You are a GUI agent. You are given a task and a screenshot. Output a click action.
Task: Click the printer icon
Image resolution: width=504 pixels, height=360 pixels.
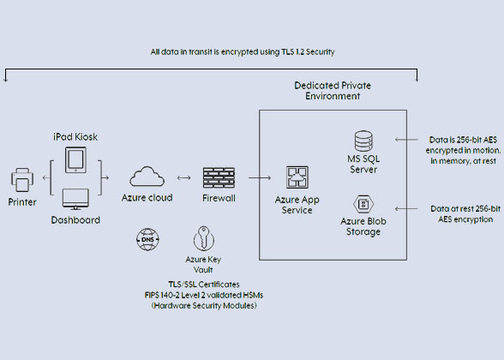tap(22, 180)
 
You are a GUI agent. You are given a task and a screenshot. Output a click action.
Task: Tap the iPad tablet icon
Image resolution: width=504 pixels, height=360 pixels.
tap(75, 160)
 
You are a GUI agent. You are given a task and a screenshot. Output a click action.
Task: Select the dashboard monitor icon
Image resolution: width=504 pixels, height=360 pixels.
tap(75, 199)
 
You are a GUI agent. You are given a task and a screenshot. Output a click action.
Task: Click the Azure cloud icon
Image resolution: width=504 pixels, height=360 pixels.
tap(147, 177)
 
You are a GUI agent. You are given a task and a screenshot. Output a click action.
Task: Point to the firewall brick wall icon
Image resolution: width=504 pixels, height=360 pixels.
tap(219, 177)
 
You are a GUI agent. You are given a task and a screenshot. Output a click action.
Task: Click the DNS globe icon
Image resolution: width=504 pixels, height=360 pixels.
tap(147, 239)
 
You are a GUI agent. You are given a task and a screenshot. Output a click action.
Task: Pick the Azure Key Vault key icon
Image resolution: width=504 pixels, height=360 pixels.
tap(204, 238)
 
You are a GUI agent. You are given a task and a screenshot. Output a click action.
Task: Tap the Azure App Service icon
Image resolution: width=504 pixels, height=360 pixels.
tap(297, 177)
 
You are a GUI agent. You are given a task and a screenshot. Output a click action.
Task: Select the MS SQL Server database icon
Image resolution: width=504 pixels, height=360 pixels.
tap(363, 141)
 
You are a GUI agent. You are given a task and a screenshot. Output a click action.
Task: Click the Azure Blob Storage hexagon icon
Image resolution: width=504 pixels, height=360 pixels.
tap(363, 204)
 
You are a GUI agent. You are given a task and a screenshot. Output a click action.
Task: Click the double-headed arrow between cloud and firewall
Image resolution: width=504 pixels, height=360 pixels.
tap(183, 177)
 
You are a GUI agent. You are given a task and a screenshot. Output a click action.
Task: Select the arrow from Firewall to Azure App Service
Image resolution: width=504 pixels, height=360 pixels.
tap(260, 177)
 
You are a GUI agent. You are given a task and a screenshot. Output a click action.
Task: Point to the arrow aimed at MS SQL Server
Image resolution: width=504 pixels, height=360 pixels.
tap(406, 140)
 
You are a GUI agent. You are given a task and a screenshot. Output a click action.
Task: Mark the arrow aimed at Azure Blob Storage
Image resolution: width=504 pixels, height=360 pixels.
tap(406, 209)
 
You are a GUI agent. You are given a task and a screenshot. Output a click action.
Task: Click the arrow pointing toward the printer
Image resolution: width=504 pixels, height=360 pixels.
tap(46, 177)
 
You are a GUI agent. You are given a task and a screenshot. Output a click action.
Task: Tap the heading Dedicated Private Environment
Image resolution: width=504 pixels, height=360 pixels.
tap(333, 91)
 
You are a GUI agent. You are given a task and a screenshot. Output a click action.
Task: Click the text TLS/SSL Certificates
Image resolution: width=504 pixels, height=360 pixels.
tap(204, 285)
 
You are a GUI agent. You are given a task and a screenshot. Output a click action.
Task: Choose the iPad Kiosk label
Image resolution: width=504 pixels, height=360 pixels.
tap(75, 137)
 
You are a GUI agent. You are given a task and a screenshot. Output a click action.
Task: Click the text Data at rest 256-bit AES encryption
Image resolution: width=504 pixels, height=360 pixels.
tap(465, 214)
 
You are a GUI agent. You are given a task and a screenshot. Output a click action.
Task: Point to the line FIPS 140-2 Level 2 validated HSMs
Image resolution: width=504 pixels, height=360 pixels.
tap(204, 295)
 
